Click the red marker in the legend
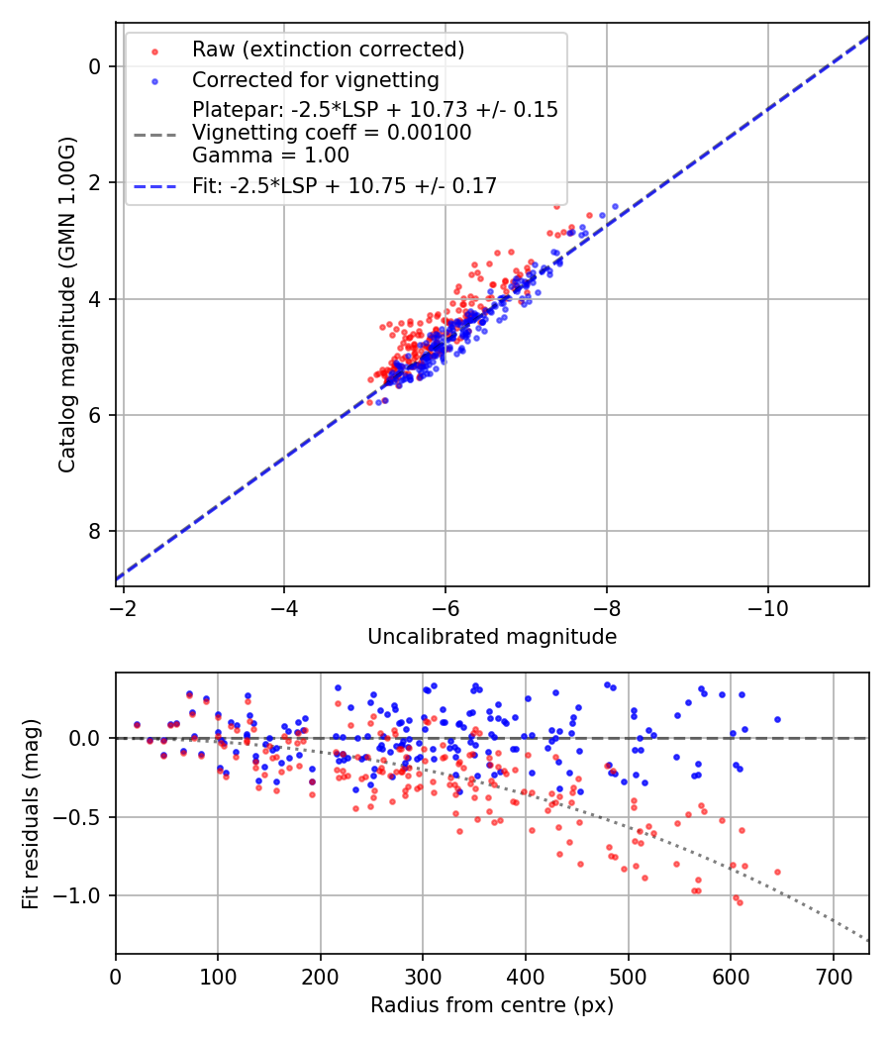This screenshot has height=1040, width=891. click(x=153, y=51)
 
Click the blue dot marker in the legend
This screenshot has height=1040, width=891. click(x=153, y=80)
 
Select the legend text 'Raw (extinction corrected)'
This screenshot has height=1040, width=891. click(x=328, y=50)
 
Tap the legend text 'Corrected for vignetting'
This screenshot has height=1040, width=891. click(x=315, y=79)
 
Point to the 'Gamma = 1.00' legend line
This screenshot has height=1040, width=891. click(x=270, y=155)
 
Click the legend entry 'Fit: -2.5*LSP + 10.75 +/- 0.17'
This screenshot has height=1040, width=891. click(x=344, y=185)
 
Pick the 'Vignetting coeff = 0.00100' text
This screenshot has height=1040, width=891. click(x=331, y=133)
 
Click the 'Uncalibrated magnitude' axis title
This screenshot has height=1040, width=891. click(x=492, y=637)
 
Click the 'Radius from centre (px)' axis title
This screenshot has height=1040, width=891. click(x=492, y=1005)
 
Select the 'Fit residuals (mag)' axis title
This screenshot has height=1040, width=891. click(x=31, y=813)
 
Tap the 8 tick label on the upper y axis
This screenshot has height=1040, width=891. click(x=96, y=532)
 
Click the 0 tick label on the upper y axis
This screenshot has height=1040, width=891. click(x=96, y=66)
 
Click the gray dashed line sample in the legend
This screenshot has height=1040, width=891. click(x=153, y=133)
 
